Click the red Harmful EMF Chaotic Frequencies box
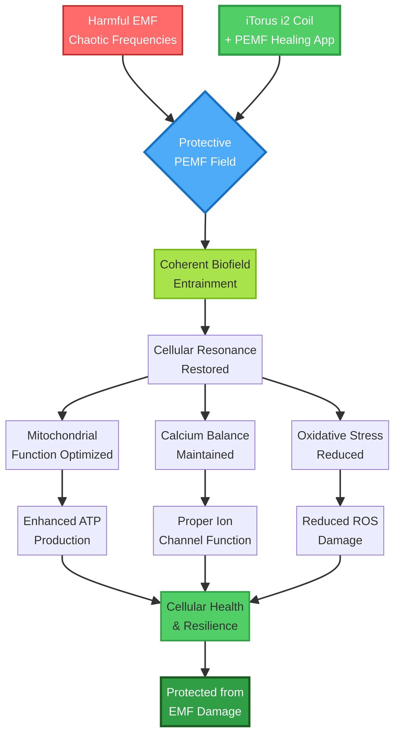pyautogui.click(x=122, y=30)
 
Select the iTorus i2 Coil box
pyautogui.click(x=279, y=30)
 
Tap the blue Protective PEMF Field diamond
pyautogui.click(x=205, y=152)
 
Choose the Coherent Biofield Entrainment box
pyautogui.click(x=205, y=274)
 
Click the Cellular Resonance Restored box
pyautogui.click(x=205, y=359)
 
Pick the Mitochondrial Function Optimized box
pyautogui.click(x=62, y=445)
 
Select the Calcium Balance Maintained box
pyautogui.click(x=205, y=445)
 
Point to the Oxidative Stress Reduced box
pyautogui.click(x=340, y=445)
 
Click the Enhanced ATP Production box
pyautogui.click(x=62, y=530)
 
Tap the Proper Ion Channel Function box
pyautogui.click(x=205, y=530)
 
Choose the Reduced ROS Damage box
pyautogui.click(x=340, y=530)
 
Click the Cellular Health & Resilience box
pyautogui.click(x=205, y=616)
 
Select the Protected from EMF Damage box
pyautogui.click(x=205, y=702)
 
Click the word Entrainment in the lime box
pyautogui.click(x=205, y=283)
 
